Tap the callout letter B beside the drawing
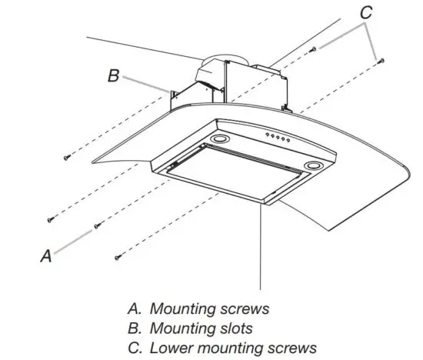(x=113, y=76)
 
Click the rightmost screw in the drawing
(x=381, y=62)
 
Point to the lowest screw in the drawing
(x=116, y=255)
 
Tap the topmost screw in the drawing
(x=314, y=48)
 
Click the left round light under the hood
(x=221, y=139)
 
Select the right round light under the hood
(x=314, y=167)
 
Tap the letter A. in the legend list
(x=135, y=309)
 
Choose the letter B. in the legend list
(x=135, y=328)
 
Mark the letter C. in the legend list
(x=135, y=347)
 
